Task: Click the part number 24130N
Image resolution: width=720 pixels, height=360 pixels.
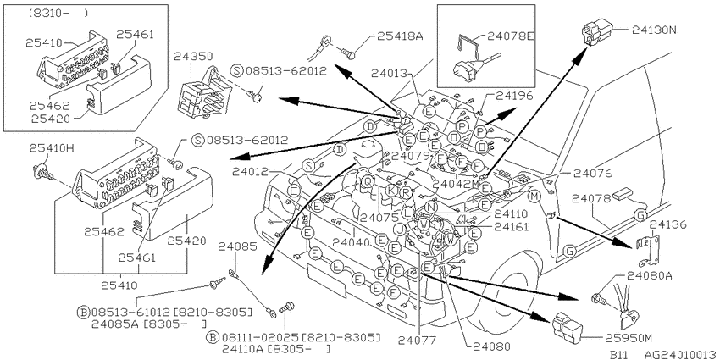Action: coord(654,30)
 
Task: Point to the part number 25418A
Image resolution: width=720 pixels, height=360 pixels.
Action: coord(400,36)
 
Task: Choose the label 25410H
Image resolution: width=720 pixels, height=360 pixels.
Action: coord(52,148)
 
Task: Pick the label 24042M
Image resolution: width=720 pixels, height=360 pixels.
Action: coord(456,183)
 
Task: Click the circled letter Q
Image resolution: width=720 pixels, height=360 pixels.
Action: coord(368,181)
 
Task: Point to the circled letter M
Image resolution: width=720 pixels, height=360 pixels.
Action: coord(534,197)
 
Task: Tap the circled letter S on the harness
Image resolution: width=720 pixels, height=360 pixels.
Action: coord(309,165)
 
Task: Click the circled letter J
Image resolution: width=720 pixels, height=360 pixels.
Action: coord(400,229)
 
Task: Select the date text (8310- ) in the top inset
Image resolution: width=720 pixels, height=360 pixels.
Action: coord(58,14)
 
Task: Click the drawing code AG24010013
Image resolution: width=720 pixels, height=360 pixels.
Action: coord(680,354)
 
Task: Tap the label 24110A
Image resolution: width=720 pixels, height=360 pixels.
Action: coord(244,349)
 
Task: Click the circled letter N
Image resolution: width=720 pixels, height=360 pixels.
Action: coord(430,207)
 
